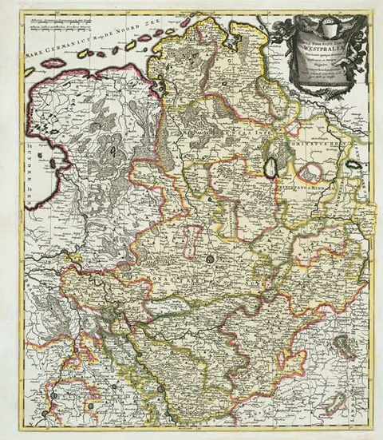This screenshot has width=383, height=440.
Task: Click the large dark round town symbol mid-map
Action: click(211, 260)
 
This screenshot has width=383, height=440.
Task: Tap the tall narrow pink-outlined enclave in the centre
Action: click(191, 240)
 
